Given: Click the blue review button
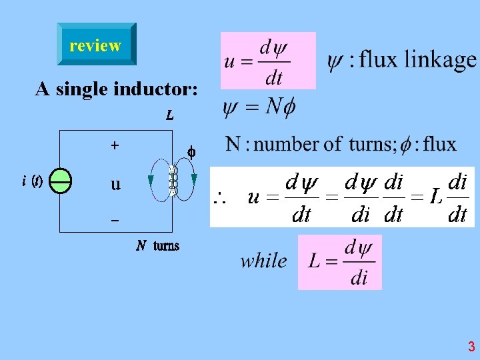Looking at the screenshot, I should pos(96,45).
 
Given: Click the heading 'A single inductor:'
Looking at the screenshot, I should pos(116,89).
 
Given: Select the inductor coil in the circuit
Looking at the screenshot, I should pos(175,180).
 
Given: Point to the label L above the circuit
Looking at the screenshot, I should pos(170,115).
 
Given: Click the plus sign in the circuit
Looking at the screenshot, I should pos(115,144).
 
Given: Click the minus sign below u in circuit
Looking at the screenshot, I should pos(114,220).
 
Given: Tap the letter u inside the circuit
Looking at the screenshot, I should pos(115,183).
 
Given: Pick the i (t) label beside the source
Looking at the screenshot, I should pos(31,181).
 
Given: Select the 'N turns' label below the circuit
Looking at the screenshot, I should pos(158,246).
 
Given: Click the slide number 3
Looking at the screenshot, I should pos(471,347).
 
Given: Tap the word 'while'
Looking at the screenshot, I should pos(264,261).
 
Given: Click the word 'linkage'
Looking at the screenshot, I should pos(441,60).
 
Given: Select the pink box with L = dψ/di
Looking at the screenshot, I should pos(340,262).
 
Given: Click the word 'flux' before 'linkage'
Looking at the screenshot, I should pos(378,60).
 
